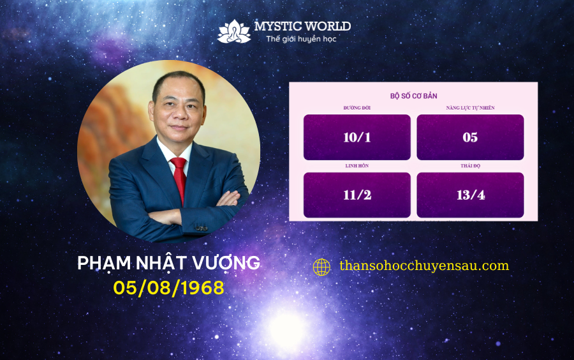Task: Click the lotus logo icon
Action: tap(234, 32)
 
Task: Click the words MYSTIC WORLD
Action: tap(302, 26)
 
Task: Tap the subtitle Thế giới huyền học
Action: tap(301, 39)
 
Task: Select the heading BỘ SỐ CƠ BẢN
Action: tap(414, 96)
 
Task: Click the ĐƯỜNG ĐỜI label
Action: tap(357, 108)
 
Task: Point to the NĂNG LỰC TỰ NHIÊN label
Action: tap(471, 108)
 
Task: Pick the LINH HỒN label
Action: tap(357, 165)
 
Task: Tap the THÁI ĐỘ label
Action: tap(471, 165)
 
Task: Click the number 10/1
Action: tap(357, 137)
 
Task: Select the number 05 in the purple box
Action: tap(470, 137)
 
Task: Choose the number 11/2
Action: tap(357, 195)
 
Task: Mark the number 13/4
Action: tap(471, 195)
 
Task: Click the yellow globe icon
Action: tap(322, 267)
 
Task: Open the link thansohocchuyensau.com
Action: tap(424, 266)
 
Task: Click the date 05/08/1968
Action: tap(169, 288)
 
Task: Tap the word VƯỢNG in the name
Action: tap(226, 263)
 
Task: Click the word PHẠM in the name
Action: tap(104, 264)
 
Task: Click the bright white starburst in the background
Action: tap(287, 329)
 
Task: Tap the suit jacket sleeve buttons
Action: tap(201, 228)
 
